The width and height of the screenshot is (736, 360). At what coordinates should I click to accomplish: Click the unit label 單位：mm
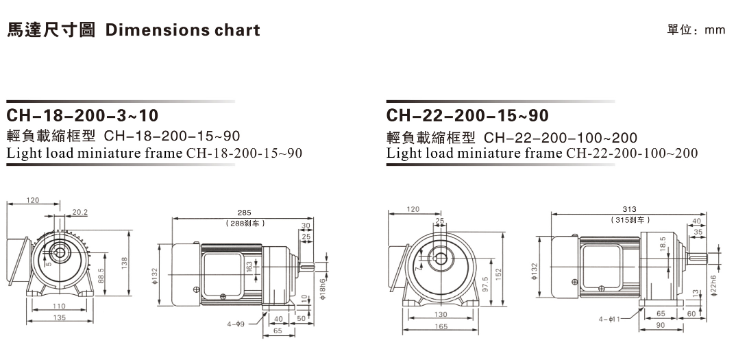pos(696,30)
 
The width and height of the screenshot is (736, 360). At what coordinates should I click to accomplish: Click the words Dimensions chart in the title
pos(183,30)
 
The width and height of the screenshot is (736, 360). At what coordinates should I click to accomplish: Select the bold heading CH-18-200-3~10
pos(83,115)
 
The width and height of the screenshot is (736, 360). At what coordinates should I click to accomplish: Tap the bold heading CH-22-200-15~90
pos(467,115)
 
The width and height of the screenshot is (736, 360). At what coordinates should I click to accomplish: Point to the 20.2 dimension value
pos(79,212)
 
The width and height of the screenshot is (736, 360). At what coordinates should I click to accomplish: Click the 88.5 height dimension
pos(100,275)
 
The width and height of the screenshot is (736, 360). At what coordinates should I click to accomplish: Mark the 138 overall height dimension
pos(125,263)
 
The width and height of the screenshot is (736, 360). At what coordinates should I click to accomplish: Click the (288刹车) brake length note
pos(245,224)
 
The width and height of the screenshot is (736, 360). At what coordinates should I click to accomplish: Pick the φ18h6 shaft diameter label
pos(323,289)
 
